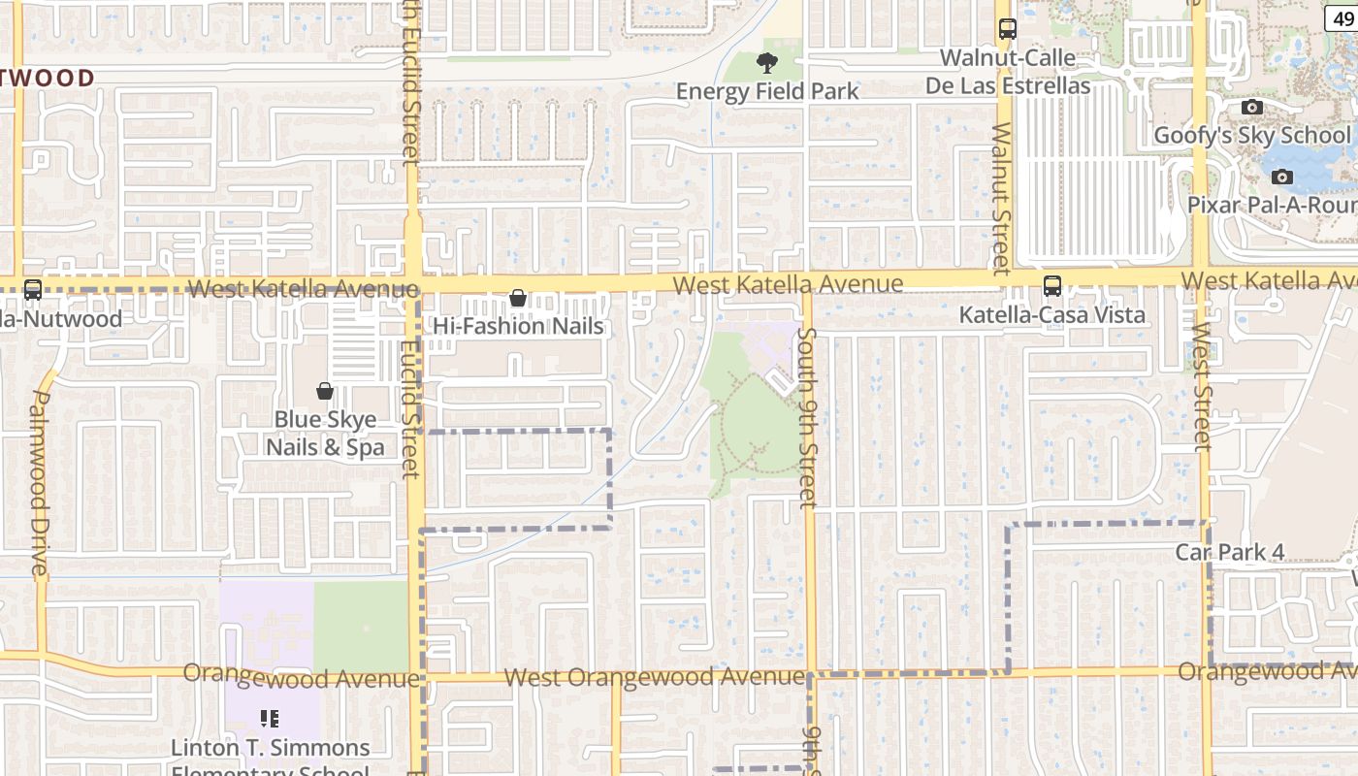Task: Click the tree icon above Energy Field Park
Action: pos(767,64)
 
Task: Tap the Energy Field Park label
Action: pos(767,91)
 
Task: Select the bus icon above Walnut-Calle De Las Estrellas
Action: pos(1007,29)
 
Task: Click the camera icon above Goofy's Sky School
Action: pos(1252,107)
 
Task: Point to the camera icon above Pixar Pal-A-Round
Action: pos(1282,177)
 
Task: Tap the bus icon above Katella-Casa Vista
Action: pos(1052,286)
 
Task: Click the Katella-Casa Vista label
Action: pos(1052,314)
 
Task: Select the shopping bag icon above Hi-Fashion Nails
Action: pos(518,298)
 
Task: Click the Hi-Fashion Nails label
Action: pos(518,326)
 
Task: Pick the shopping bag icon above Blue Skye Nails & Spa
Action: pos(325,391)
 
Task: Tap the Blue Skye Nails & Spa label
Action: pos(325,434)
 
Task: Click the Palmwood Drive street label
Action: pos(39,482)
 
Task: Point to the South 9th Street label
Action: pos(807,417)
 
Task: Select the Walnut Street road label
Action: pos(1001,198)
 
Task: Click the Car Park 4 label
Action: pos(1230,552)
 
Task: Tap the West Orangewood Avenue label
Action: pos(655,676)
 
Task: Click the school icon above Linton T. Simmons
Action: pos(270,719)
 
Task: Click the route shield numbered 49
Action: pos(1342,17)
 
